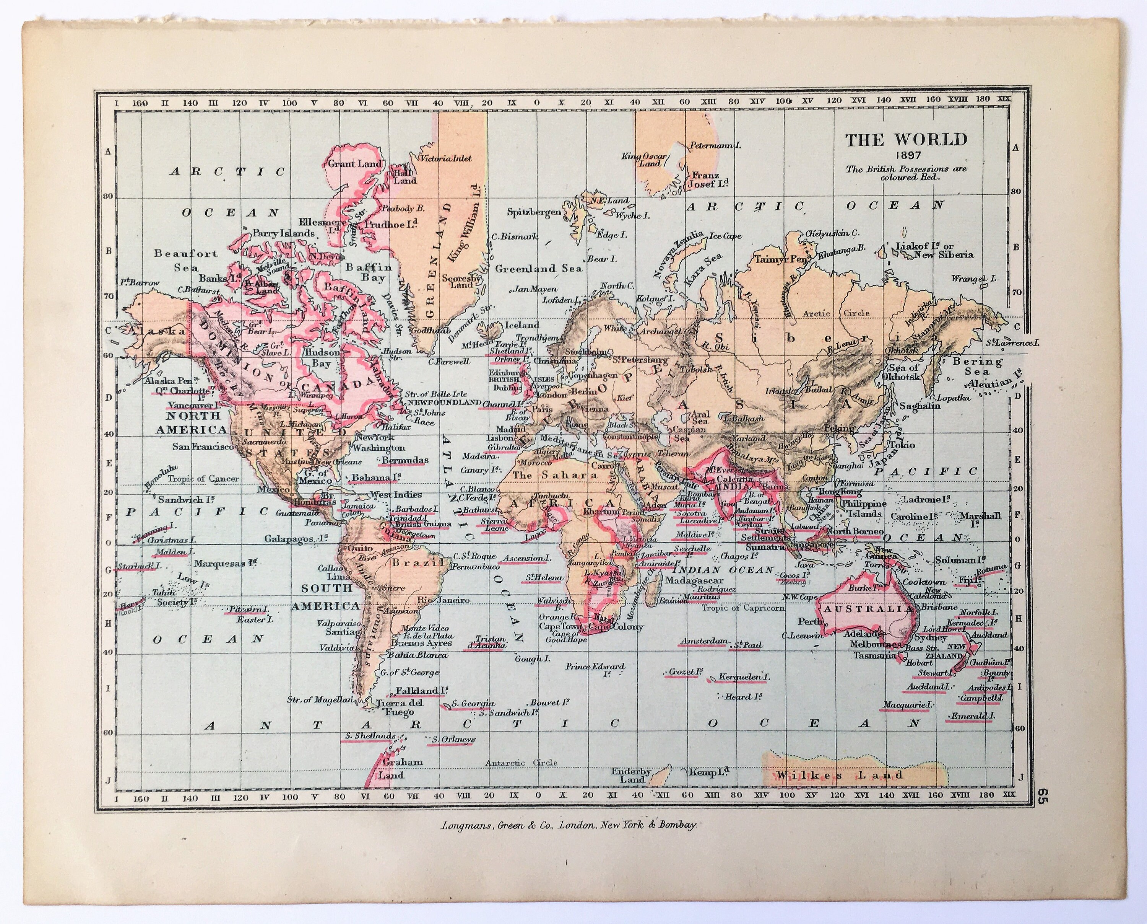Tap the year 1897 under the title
[x=907, y=156]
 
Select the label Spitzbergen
[x=534, y=212]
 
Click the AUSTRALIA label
[x=867, y=609]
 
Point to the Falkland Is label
[x=419, y=691]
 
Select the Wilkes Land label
[x=841, y=775]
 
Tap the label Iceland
[x=522, y=325]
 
